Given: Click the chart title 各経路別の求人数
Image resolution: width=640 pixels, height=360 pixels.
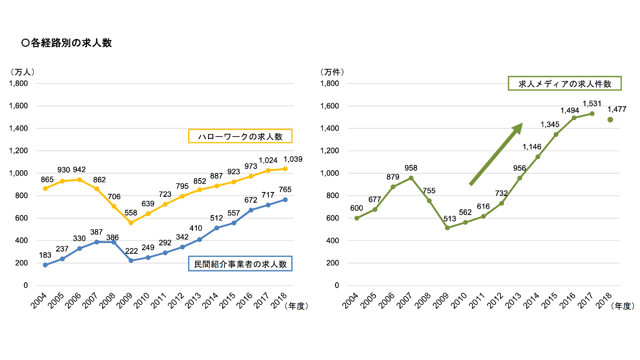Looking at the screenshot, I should (x=67, y=43).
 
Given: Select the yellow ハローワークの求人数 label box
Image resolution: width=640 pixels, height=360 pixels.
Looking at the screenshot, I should (x=240, y=136).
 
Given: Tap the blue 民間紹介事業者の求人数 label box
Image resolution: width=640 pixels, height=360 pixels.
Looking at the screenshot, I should (x=240, y=264).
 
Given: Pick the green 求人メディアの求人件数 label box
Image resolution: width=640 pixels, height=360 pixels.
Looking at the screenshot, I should (x=564, y=84).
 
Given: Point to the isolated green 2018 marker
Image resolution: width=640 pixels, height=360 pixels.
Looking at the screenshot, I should (x=610, y=120).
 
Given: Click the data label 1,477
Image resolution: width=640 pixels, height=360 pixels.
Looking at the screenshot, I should (x=616, y=109).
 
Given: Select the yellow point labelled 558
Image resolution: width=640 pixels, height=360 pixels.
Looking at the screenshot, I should (x=131, y=223).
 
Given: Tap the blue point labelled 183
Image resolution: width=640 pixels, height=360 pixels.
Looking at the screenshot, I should (x=45, y=265).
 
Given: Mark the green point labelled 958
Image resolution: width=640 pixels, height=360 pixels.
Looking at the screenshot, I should (x=411, y=178).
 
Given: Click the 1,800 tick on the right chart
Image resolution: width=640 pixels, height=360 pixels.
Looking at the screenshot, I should (x=329, y=84).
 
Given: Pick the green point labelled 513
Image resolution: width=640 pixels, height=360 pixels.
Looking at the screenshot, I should (x=448, y=228).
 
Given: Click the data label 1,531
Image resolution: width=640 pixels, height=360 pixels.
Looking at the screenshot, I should (x=592, y=104).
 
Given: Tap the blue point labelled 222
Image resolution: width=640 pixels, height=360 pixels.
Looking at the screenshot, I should (x=131, y=260).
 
